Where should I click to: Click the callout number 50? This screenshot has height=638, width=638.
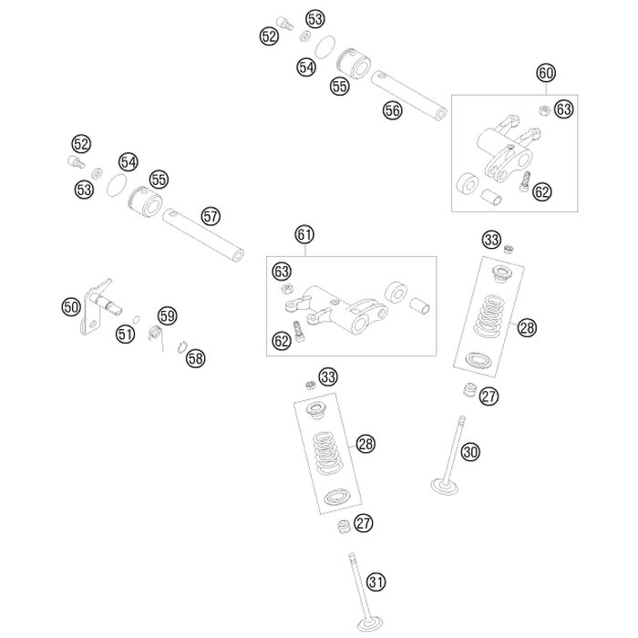click(x=71, y=307)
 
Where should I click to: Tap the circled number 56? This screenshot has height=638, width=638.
click(x=392, y=110)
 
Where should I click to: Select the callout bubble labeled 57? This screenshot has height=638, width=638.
click(x=211, y=217)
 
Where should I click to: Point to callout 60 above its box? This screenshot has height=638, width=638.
click(x=546, y=73)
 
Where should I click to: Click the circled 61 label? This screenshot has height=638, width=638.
click(x=304, y=235)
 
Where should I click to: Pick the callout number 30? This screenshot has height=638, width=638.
click(x=470, y=452)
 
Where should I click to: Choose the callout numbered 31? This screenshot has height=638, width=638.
click(x=376, y=581)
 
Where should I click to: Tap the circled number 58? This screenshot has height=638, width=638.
click(x=195, y=358)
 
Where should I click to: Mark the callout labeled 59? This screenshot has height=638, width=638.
click(x=167, y=315)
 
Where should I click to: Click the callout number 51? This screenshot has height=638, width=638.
click(x=126, y=334)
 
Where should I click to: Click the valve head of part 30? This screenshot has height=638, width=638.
click(x=445, y=487)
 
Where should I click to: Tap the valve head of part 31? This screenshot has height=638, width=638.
click(x=368, y=624)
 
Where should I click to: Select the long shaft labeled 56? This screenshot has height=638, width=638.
click(x=408, y=95)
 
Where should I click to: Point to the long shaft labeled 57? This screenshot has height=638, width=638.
click(x=203, y=234)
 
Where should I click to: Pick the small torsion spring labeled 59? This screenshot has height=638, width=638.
click(x=155, y=334)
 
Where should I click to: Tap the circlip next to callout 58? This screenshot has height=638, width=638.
click(x=181, y=347)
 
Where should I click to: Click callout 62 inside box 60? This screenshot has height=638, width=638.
click(x=542, y=191)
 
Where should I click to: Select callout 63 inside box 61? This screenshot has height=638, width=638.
click(x=282, y=272)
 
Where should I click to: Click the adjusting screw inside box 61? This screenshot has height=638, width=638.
click(x=299, y=331)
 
